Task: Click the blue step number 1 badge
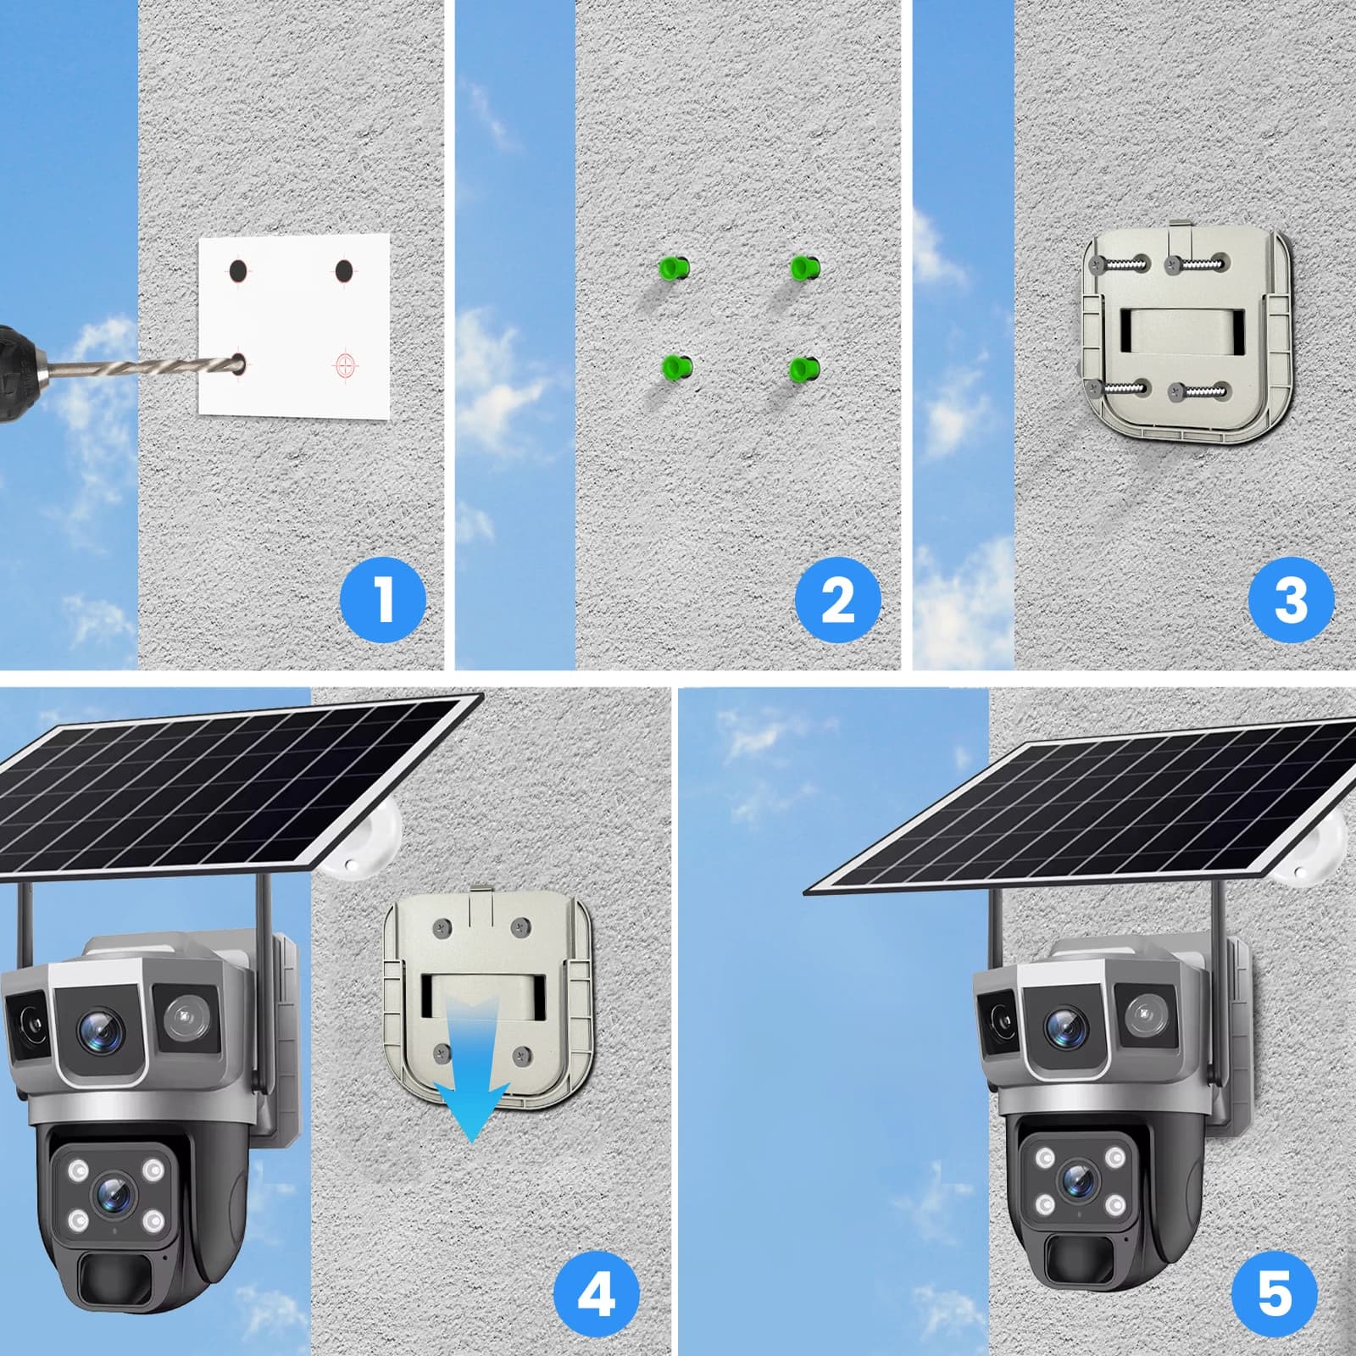point(383,599)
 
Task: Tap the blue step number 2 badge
point(837,599)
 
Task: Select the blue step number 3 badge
point(1292,599)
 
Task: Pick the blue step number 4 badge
point(596,1294)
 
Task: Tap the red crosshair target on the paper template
point(346,364)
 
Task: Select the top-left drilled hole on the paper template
point(238,271)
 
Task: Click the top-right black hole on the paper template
point(343,271)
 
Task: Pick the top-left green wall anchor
point(674,269)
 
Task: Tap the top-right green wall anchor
point(805,269)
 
